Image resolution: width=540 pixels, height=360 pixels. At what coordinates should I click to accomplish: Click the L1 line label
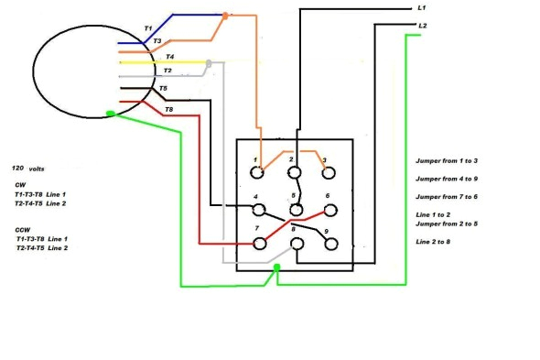(x=422, y=7)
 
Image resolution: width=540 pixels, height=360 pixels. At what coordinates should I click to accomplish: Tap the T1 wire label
(x=147, y=29)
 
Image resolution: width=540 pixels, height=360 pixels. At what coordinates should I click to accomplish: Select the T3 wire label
(x=157, y=42)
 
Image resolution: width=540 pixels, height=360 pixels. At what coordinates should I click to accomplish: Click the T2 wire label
(x=167, y=71)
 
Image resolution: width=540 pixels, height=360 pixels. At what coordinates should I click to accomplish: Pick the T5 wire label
(x=163, y=89)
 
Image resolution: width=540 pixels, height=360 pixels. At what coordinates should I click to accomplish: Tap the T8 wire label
(x=167, y=111)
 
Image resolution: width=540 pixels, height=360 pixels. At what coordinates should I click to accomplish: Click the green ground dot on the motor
(x=110, y=115)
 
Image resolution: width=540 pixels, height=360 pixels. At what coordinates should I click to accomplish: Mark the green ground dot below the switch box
(x=276, y=268)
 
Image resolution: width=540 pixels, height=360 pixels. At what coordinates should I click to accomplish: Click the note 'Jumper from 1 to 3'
(x=446, y=160)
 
